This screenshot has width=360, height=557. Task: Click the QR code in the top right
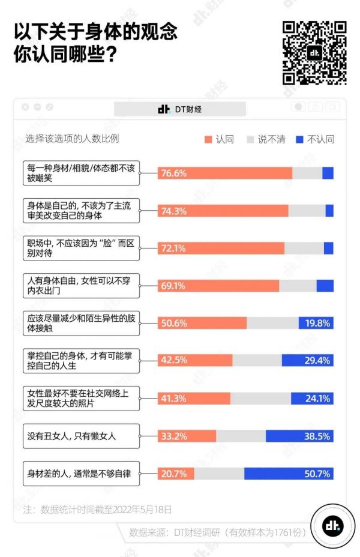314,53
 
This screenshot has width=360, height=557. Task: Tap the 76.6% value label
173,173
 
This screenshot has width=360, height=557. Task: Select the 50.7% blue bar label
317,474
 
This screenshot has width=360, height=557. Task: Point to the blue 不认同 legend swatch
300,139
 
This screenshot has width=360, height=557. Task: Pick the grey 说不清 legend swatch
251,139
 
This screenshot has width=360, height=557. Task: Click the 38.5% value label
317,436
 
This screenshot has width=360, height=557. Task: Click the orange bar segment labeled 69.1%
218,286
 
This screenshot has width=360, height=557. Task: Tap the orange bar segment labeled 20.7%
176,474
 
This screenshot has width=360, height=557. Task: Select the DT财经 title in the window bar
180,109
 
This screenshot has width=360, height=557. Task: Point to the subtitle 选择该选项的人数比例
72,139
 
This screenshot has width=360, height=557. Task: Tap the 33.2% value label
173,436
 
